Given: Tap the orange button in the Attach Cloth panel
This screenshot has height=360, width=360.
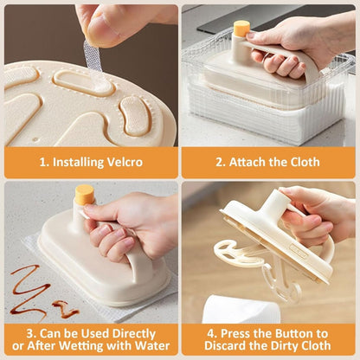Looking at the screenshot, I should [241, 28].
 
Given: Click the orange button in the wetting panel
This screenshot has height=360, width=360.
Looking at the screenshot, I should [83, 194].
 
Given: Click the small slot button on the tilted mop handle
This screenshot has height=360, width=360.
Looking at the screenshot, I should [299, 252].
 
